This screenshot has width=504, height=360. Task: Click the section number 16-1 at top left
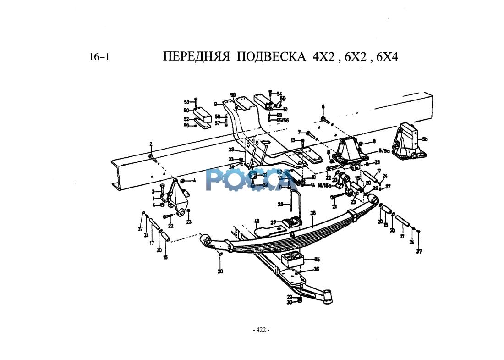tap(99, 57)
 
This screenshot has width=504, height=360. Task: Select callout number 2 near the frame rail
tap(150, 144)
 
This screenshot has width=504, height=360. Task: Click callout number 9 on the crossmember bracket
tap(215, 104)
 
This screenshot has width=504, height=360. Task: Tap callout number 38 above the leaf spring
tap(313, 213)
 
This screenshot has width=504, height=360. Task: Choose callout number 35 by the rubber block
tap(317, 260)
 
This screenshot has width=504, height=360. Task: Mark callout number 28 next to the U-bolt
tap(280, 204)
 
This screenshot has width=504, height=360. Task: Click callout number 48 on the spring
tap(257, 221)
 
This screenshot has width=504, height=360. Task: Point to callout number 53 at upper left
tap(186, 102)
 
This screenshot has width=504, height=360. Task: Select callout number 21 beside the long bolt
tap(334, 207)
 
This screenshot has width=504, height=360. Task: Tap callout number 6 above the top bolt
tap(323, 106)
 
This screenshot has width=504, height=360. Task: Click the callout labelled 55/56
tap(283, 120)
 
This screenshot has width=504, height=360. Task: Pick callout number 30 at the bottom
tap(290, 303)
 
